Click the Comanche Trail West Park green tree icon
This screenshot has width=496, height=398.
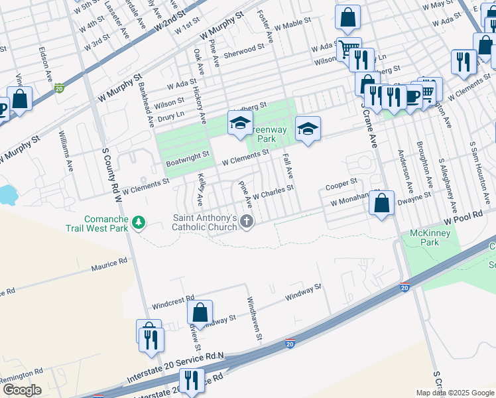click(139, 222)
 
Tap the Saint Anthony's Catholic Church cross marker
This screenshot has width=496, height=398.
click(247, 222)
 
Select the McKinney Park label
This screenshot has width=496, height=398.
click(429, 237)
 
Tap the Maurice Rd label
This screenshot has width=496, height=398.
click(109, 265)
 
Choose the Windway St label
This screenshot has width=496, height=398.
click(303, 291)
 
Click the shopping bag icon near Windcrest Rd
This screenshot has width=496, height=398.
click(200, 312)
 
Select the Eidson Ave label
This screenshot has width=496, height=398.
click(45, 64)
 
